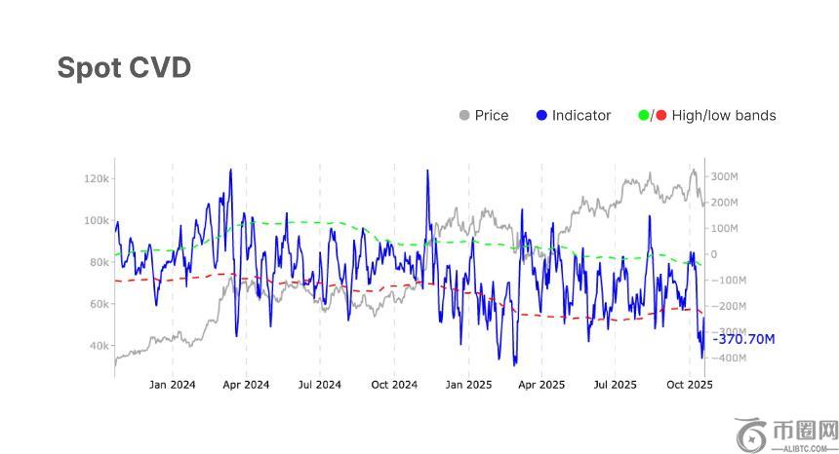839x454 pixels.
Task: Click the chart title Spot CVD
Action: tap(124, 67)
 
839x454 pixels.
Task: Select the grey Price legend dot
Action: tap(464, 115)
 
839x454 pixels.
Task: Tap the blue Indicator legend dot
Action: tap(541, 115)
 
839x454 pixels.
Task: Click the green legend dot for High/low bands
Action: tap(644, 115)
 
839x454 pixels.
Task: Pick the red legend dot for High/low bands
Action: tap(660, 115)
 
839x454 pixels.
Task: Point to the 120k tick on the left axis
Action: tap(97, 178)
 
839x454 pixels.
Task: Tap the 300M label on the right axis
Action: tap(724, 176)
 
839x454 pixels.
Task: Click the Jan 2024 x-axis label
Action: tap(172, 385)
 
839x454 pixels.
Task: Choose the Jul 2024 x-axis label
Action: tap(319, 385)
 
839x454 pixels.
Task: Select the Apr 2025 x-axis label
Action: tap(541, 385)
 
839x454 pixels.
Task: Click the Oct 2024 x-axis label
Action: tap(394, 385)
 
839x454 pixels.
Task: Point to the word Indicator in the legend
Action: tap(581, 115)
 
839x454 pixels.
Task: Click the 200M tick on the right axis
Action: tap(724, 203)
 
